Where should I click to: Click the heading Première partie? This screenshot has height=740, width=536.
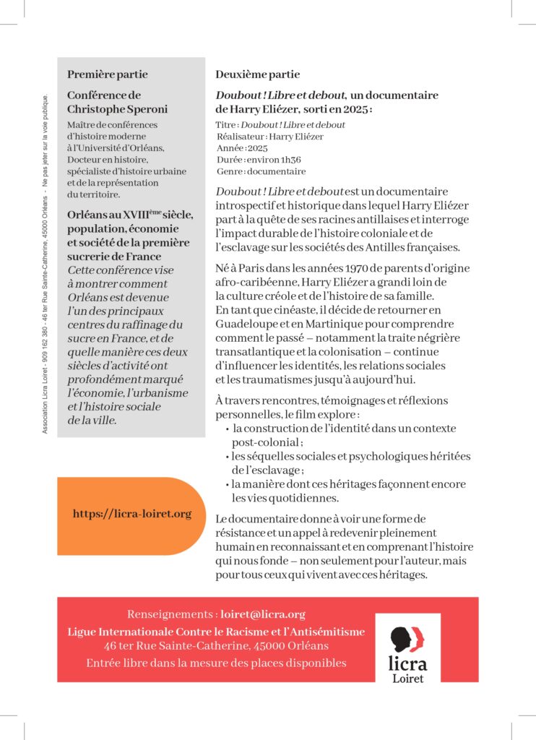[x=107, y=74]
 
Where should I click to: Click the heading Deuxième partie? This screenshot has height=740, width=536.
[x=257, y=74]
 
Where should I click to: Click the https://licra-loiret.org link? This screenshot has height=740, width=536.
[x=132, y=514]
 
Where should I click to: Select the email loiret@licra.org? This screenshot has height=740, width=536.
[x=263, y=614]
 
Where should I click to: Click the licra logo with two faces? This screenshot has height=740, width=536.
[x=407, y=639]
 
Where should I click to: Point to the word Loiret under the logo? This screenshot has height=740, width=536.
[x=408, y=678]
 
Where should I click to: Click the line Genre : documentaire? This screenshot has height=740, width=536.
[x=261, y=171]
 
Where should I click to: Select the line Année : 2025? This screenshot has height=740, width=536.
[x=242, y=148]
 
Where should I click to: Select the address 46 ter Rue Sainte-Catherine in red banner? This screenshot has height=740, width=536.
[x=215, y=645]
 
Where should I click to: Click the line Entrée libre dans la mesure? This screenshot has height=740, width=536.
[x=216, y=663]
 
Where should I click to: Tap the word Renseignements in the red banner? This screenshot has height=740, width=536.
[x=170, y=614]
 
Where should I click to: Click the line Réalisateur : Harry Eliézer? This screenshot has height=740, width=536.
[x=269, y=136]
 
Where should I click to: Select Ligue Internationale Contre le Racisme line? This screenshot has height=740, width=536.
[x=216, y=632]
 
